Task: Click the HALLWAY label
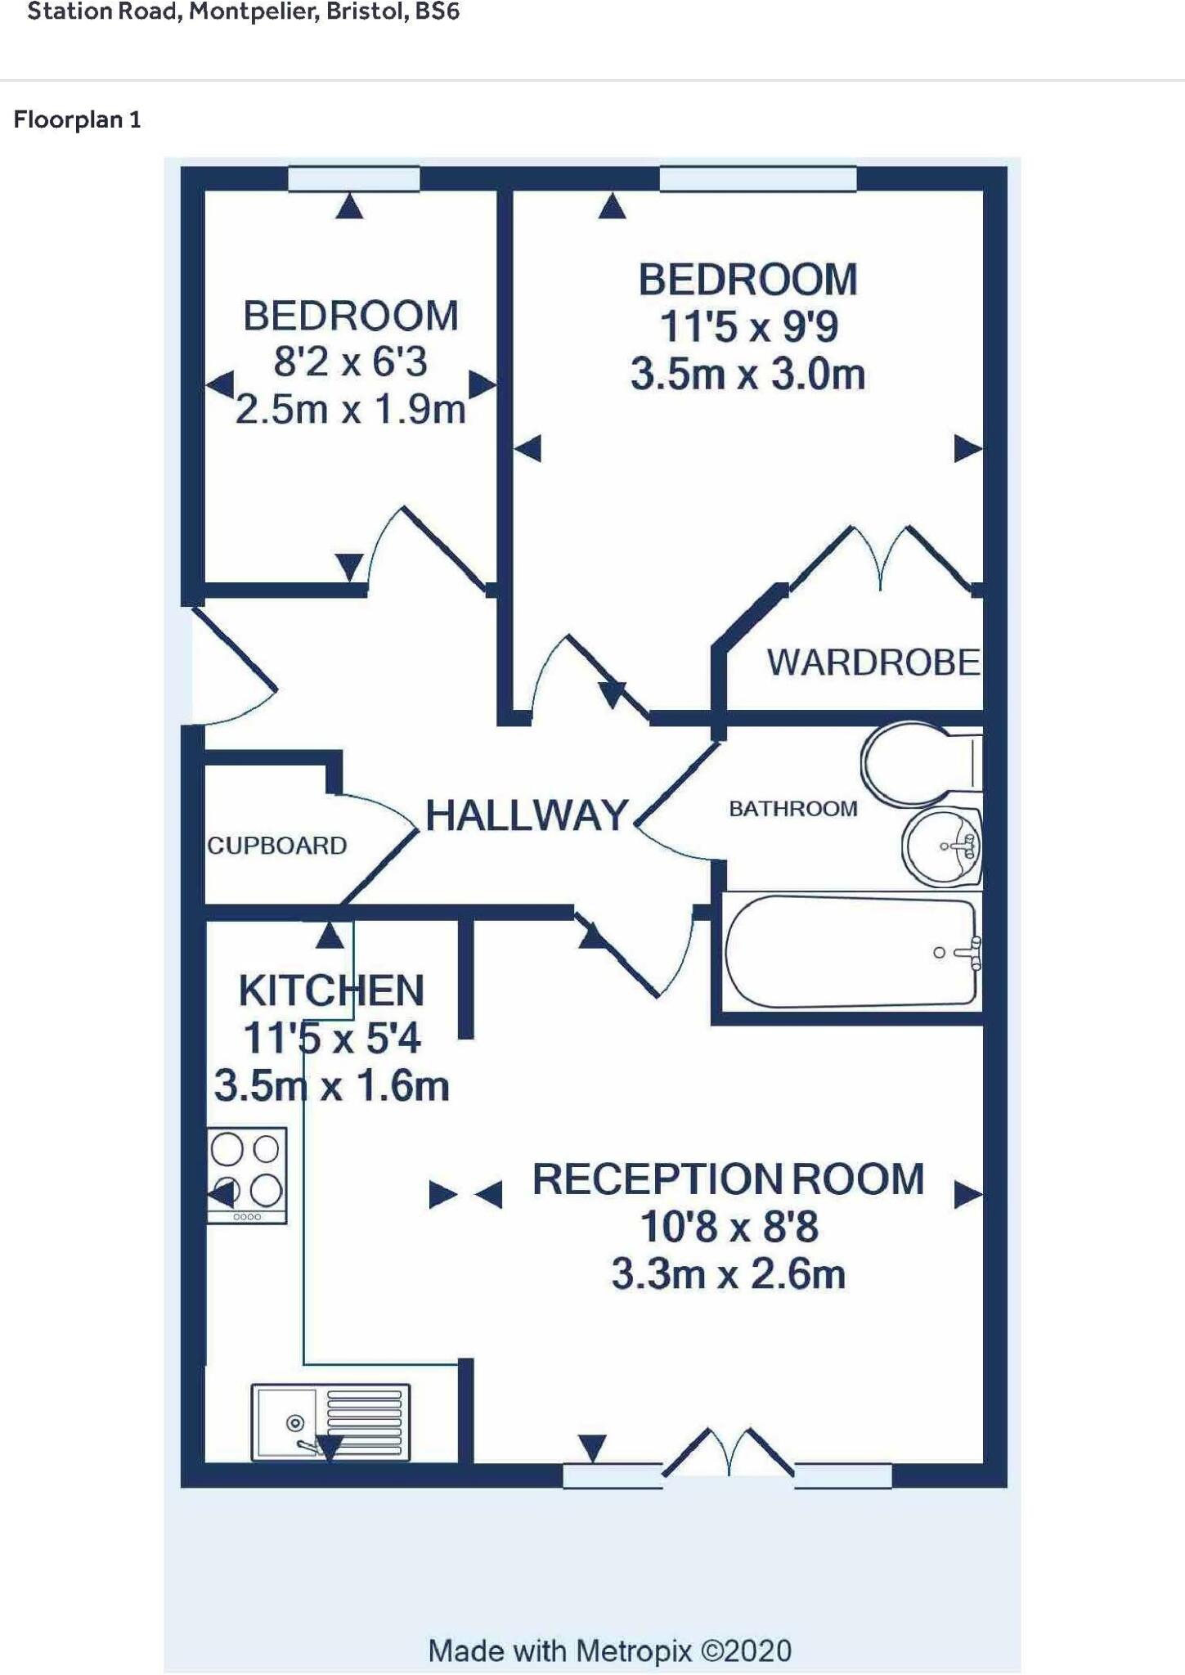tap(527, 815)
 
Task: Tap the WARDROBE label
tap(873, 662)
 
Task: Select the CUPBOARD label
tap(276, 846)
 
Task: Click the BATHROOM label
tap(792, 809)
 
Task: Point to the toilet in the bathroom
tap(916, 762)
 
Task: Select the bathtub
tap(851, 952)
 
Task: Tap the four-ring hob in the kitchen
tap(246, 1174)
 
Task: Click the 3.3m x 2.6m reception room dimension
tap(728, 1275)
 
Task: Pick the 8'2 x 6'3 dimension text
tap(350, 361)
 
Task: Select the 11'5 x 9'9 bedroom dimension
tap(747, 327)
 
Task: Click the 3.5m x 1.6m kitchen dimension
tap(331, 1087)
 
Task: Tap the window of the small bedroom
tap(354, 178)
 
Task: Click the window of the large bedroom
tap(757, 178)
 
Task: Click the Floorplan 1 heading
tap(78, 120)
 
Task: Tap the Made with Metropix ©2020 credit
tap(609, 1650)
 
